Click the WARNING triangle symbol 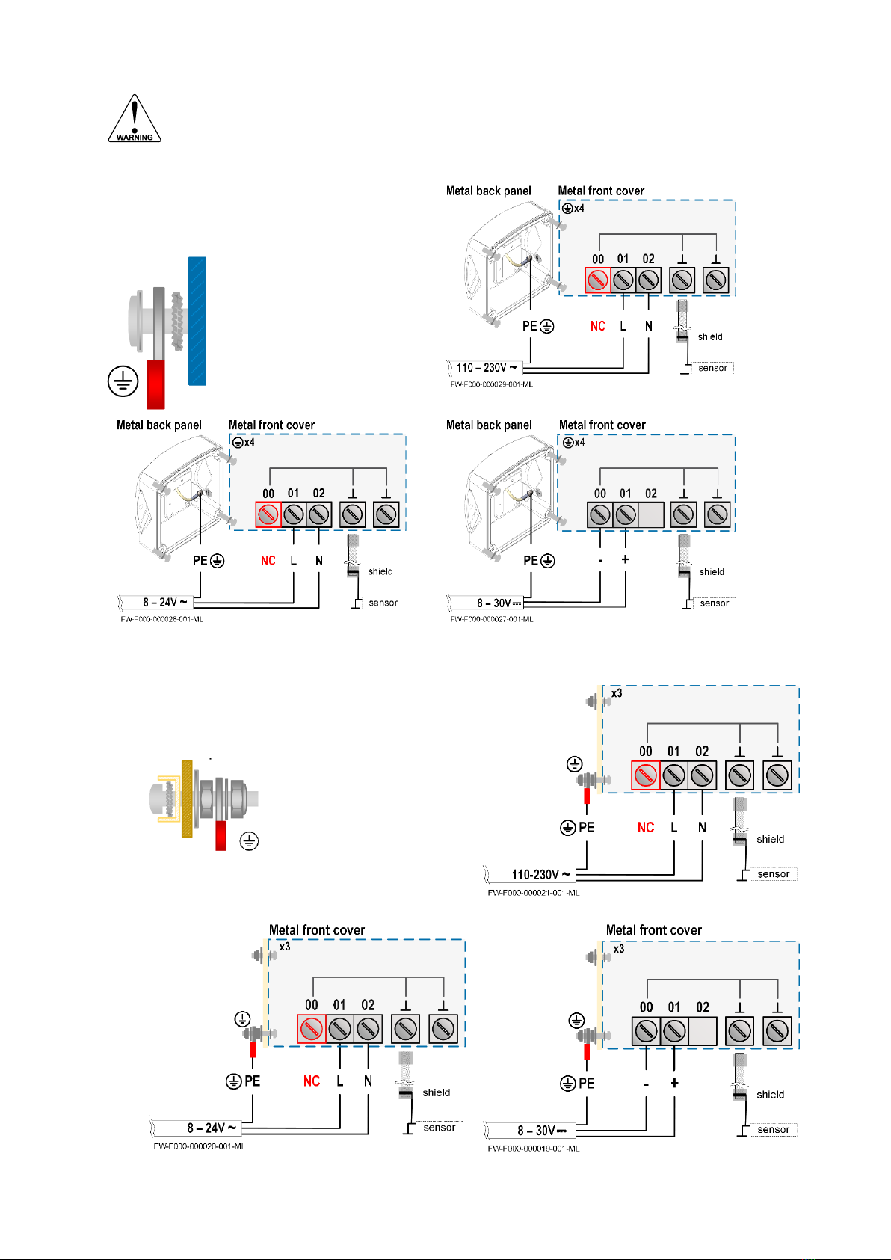(135, 119)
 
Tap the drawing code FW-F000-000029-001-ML (491, 385)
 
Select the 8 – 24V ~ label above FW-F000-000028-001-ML (165, 603)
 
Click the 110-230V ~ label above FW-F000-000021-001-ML (540, 875)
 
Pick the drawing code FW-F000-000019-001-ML (534, 1149)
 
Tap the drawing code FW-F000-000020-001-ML (200, 1146)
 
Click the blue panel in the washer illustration (197, 322)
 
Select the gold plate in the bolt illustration (187, 799)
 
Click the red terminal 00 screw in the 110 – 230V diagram (597, 280)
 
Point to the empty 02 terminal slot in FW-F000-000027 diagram (651, 514)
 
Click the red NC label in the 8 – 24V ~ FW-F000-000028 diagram (268, 561)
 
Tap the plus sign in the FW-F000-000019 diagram (674, 1083)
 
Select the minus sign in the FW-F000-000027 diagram (600, 561)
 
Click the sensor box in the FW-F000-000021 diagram (774, 874)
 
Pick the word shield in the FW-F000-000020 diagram (437, 1092)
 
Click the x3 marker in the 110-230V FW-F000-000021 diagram (617, 694)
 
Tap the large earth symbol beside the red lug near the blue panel (123, 381)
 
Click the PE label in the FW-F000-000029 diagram (529, 326)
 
